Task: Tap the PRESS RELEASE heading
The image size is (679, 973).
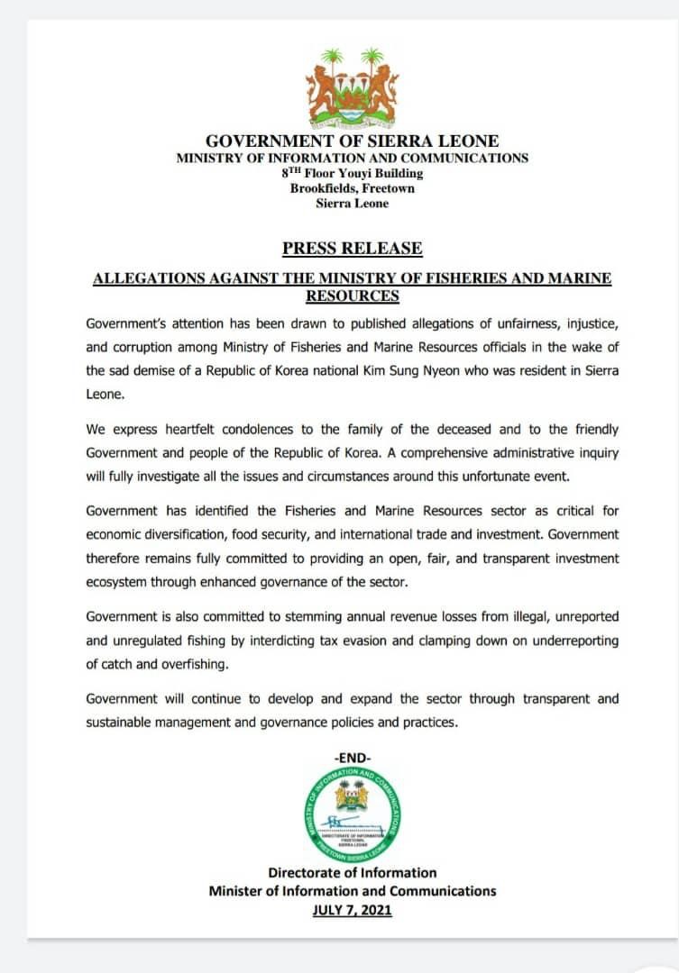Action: click(x=352, y=249)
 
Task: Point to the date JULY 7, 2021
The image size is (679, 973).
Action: click(x=352, y=910)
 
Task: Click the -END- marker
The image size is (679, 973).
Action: click(x=352, y=757)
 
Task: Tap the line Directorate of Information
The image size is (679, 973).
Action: click(x=352, y=872)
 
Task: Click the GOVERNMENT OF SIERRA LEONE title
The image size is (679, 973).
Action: click(x=352, y=141)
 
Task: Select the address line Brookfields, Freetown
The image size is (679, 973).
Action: click(x=352, y=188)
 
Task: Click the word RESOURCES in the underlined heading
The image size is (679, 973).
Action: click(x=352, y=296)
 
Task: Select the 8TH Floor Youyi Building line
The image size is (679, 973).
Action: click(x=352, y=173)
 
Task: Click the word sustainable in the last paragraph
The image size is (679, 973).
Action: click(x=121, y=722)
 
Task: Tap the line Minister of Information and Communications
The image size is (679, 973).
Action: click(x=352, y=891)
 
